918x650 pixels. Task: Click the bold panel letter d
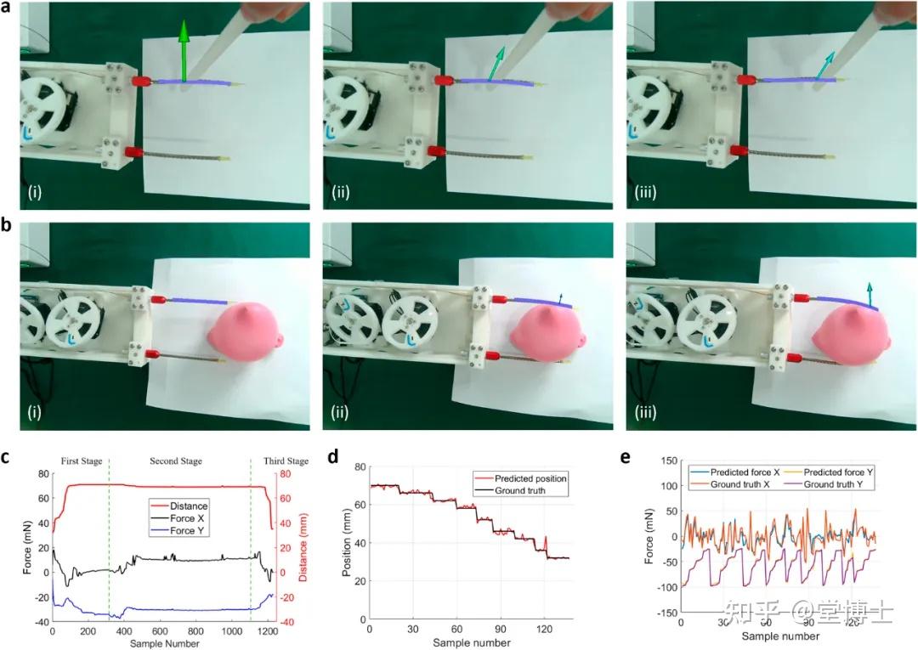[x=334, y=457]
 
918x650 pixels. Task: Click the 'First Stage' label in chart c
[x=81, y=461]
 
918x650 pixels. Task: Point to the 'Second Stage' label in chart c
[x=176, y=461]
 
